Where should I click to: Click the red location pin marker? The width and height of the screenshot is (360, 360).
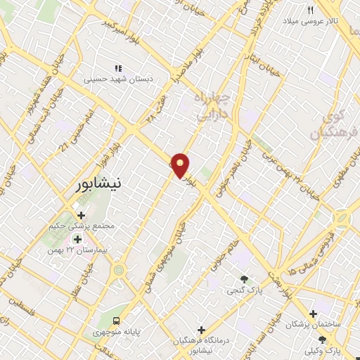pyautogui.click(x=181, y=165)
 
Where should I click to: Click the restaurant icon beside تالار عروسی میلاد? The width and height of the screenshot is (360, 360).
pyautogui.click(x=310, y=10)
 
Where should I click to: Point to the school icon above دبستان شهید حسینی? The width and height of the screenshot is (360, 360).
pyautogui.click(x=118, y=68)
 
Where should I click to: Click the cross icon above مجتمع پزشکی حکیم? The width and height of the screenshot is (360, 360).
pyautogui.click(x=82, y=215)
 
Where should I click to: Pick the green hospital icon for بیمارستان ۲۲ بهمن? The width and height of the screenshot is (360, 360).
pyautogui.click(x=77, y=240)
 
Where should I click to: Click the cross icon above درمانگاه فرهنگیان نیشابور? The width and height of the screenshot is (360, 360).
pyautogui.click(x=201, y=329)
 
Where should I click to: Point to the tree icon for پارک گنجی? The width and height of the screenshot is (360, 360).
pyautogui.click(x=244, y=279)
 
